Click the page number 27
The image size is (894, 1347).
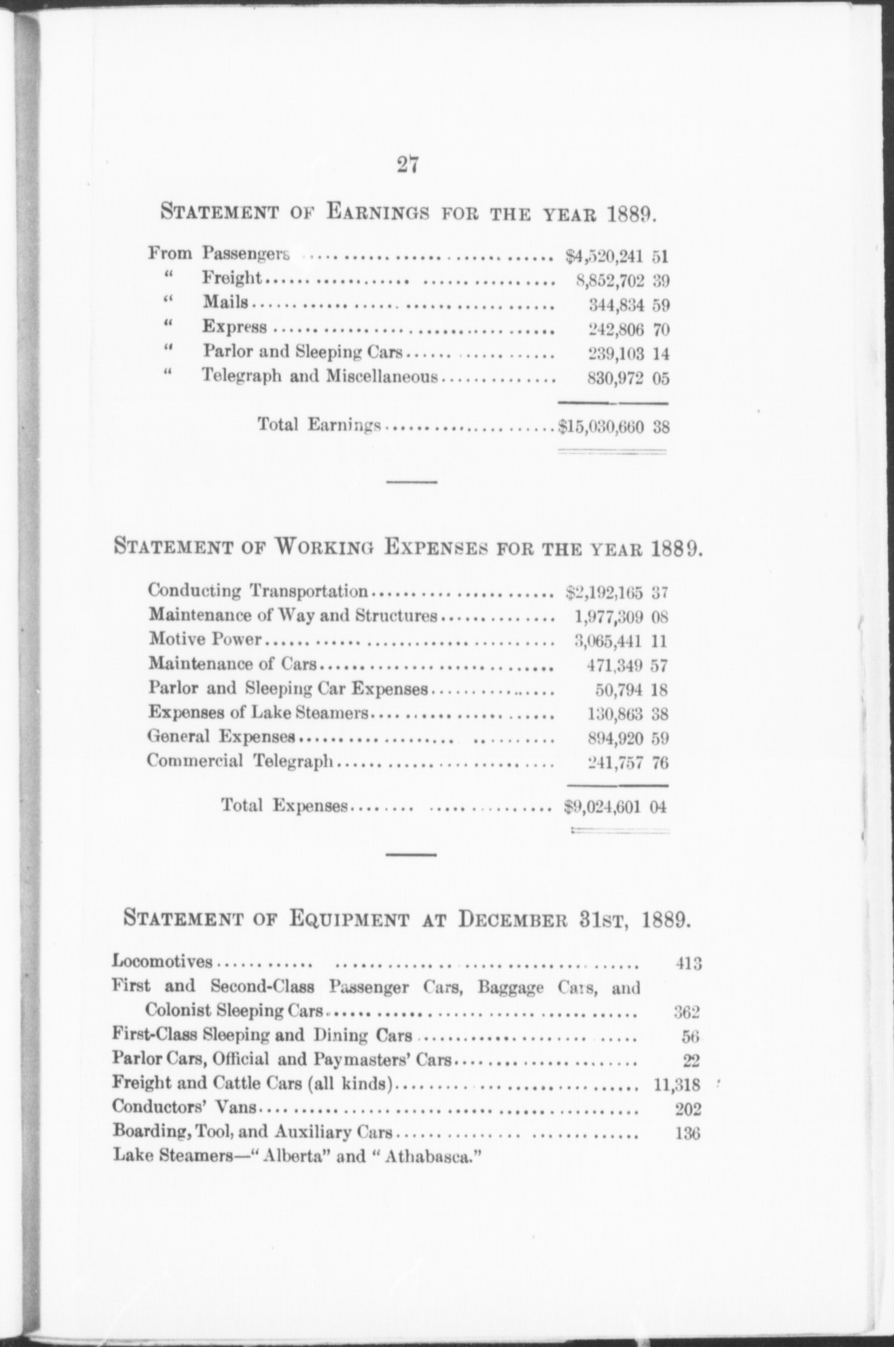tap(407, 164)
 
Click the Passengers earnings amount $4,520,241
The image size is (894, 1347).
tap(605, 257)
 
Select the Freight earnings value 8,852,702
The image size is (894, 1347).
tap(610, 281)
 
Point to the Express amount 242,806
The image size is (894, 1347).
tap(616, 330)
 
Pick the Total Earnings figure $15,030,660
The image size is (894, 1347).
tap(601, 428)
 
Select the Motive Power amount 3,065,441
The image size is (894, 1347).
tap(609, 642)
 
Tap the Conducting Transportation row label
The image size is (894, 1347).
tap(258, 591)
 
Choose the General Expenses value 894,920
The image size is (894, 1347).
tap(614, 738)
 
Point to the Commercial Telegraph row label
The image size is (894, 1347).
tap(240, 761)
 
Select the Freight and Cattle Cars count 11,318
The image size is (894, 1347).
tap(677, 1085)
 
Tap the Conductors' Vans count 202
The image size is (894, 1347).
tap(687, 1109)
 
